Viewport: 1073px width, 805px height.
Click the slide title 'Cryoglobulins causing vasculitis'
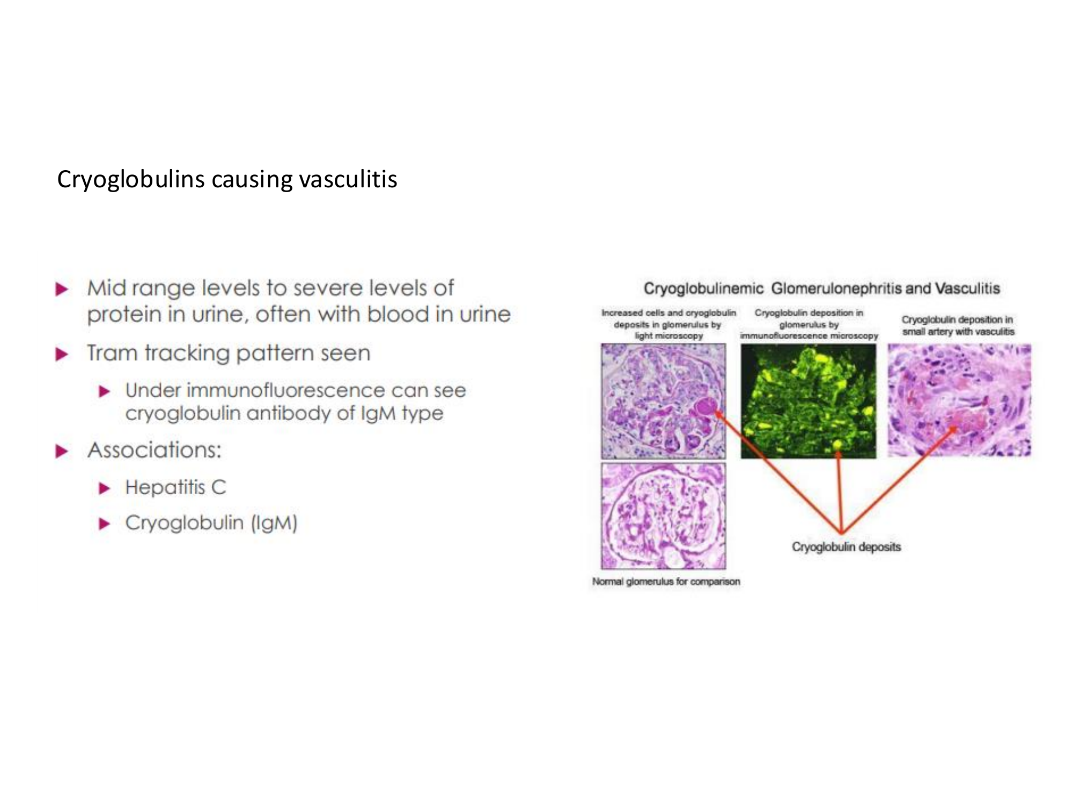click(x=227, y=180)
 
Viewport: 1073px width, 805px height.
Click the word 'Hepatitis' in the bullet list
click(x=165, y=487)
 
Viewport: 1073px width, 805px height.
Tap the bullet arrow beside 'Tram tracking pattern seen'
click(x=62, y=354)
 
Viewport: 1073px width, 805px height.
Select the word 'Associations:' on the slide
click(x=155, y=450)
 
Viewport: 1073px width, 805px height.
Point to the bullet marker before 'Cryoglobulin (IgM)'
click(x=105, y=524)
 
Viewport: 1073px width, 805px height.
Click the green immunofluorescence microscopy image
click(x=809, y=401)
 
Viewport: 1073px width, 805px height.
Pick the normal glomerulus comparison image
click(x=664, y=516)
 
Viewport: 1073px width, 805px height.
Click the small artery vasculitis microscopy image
click(x=959, y=400)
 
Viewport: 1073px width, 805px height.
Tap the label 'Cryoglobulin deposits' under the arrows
click(x=847, y=547)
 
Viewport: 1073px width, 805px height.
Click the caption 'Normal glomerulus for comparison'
click(x=666, y=581)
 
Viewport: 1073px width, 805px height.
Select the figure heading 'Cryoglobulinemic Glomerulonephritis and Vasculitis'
click(x=822, y=289)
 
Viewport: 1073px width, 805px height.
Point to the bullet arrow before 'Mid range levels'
click(x=62, y=290)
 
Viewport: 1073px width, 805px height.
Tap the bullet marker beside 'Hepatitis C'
click(x=105, y=488)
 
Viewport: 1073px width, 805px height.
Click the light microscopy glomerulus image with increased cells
click(x=664, y=401)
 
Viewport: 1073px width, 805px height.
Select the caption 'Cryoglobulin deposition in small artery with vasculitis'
click(x=958, y=326)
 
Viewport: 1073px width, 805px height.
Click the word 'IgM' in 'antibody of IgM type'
click(x=379, y=414)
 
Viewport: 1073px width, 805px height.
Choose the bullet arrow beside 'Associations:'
click(x=62, y=451)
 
